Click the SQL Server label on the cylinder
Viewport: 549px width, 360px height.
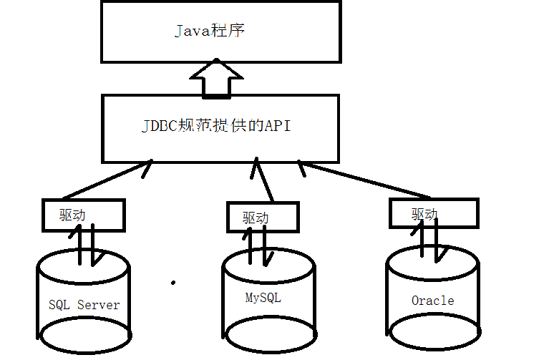click(84, 305)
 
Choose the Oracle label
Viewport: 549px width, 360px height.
click(432, 300)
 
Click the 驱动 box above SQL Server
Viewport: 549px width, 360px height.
click(82, 215)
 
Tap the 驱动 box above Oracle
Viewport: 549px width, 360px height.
click(434, 213)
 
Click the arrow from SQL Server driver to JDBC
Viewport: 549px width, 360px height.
click(107, 180)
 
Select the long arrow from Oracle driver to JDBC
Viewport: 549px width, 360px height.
click(365, 182)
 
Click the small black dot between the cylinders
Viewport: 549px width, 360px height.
click(173, 283)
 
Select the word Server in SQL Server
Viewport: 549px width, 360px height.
click(98, 305)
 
